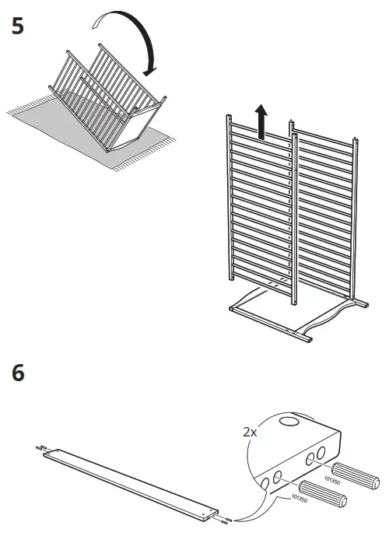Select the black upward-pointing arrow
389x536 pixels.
262,122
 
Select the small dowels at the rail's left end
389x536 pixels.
40,450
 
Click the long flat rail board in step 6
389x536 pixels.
128,482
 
